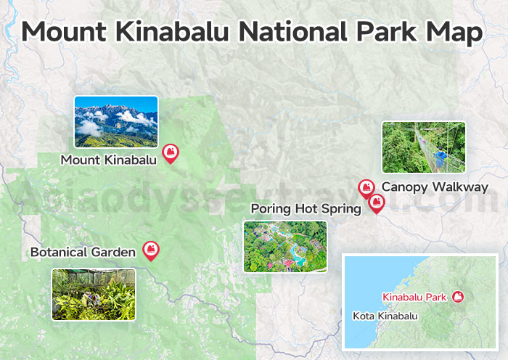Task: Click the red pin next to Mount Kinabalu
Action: pos(171,152)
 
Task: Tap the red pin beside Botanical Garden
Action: pos(151,250)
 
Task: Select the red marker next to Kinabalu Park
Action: pos(458,296)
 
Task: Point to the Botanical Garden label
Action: pos(83,253)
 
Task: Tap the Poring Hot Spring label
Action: pos(306,209)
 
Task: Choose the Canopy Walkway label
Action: pos(435,187)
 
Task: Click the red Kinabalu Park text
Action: pos(415,297)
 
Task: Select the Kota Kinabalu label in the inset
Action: pos(385,316)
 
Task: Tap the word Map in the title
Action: pos(457,33)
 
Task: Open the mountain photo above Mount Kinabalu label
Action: pos(116,122)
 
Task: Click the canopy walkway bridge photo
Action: pos(424,147)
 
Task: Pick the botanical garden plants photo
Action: pos(94,294)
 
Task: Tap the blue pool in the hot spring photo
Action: pos(297,253)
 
